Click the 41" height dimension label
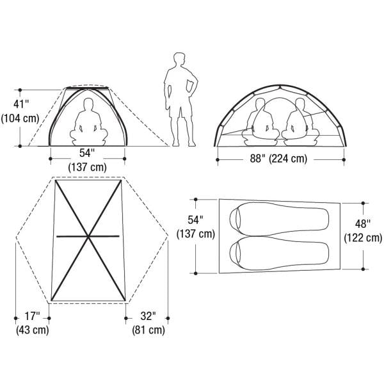click(x=21, y=104)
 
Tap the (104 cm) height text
click(x=20, y=118)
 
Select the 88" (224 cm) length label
click(x=278, y=159)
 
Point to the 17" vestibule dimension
click(x=32, y=316)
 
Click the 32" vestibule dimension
click(x=148, y=316)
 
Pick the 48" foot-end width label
click(x=363, y=223)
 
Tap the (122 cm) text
click(x=363, y=237)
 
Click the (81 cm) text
click(x=148, y=330)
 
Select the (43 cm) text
click(x=33, y=330)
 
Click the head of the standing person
click(x=179, y=60)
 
